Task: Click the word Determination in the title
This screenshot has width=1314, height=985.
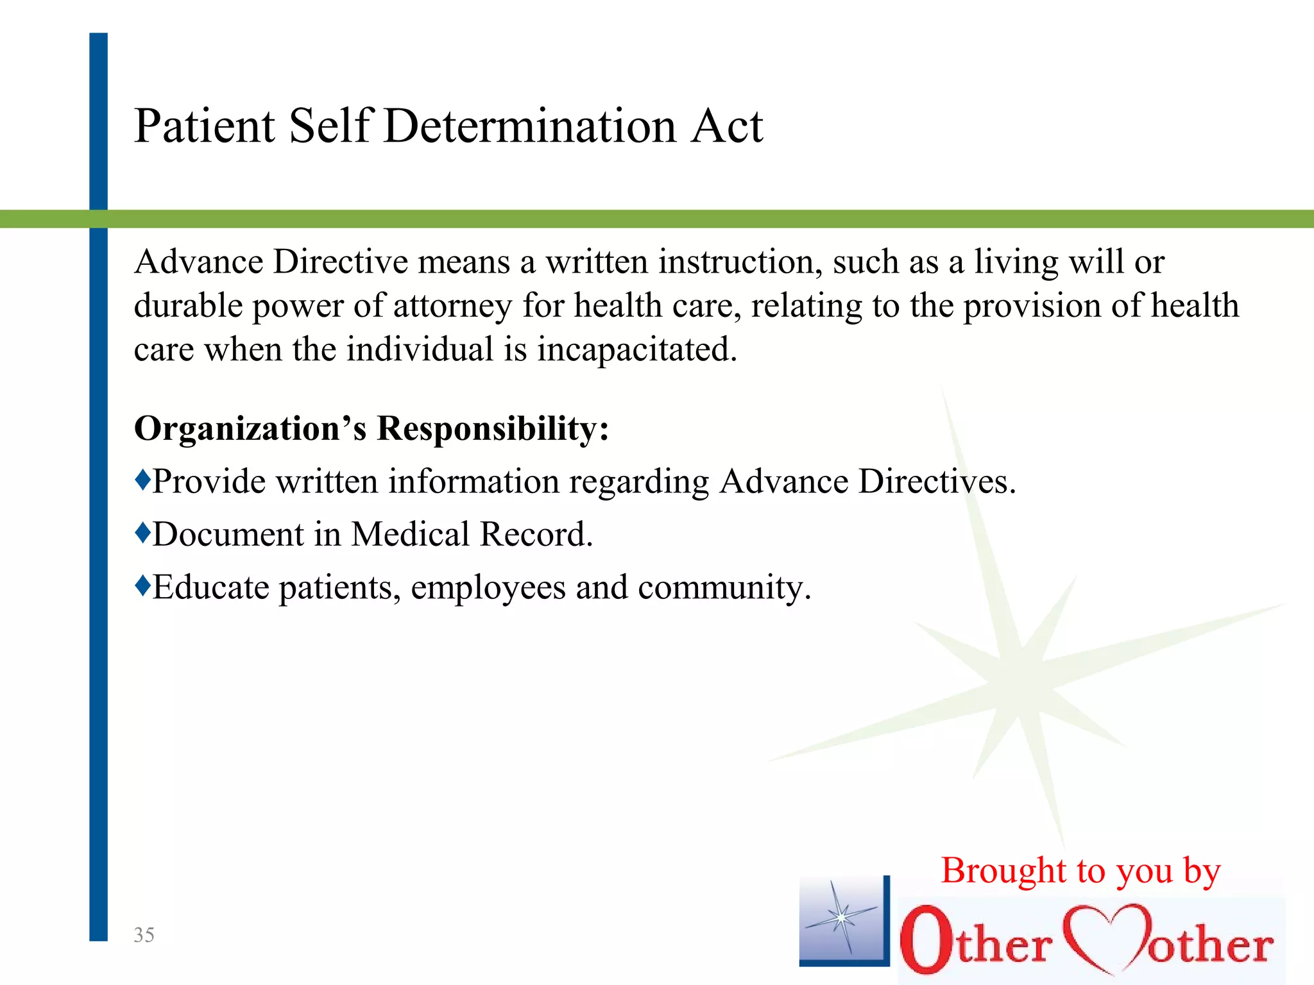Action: [x=529, y=126]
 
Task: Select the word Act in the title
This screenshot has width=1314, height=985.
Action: [x=727, y=126]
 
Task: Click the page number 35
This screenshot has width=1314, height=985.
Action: [x=144, y=935]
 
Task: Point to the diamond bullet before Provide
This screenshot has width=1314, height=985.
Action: [x=142, y=479]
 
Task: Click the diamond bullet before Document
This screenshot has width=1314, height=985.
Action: [x=142, y=532]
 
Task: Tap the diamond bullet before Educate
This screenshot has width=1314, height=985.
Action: [x=142, y=584]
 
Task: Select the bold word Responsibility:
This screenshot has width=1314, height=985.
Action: [x=493, y=428]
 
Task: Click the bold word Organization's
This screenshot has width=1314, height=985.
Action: [x=250, y=428]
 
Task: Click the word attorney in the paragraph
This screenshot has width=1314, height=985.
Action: [x=452, y=306]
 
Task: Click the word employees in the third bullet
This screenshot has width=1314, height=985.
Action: [x=488, y=587]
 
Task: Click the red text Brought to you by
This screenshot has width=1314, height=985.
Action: [x=1080, y=871]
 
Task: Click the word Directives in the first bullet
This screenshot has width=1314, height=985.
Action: [x=937, y=482]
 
